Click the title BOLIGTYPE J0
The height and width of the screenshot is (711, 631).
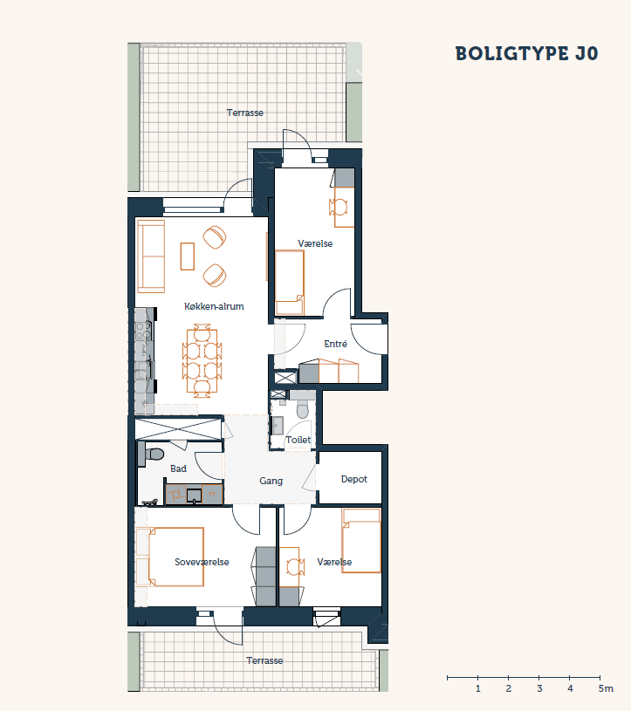(526, 53)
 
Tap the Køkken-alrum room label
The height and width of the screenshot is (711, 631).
(214, 306)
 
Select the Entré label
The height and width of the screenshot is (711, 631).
(336, 345)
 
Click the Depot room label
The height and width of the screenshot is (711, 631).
(353, 479)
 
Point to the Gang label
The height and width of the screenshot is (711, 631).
(271, 481)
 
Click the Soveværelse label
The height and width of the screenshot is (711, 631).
(202, 563)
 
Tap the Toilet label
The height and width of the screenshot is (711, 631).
(298, 440)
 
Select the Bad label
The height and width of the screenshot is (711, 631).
(178, 468)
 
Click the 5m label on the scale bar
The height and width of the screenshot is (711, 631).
(606, 689)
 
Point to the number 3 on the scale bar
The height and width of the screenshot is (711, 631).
(539, 689)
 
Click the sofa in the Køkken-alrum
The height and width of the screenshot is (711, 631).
(151, 256)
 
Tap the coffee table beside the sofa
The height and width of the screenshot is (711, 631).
(188, 256)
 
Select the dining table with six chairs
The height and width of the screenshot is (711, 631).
(202, 361)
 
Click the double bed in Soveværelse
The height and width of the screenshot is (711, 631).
(175, 557)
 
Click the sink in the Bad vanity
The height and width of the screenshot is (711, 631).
(194, 496)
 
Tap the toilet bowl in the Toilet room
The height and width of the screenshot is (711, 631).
(303, 409)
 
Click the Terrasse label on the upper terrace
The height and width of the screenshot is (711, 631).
(245, 113)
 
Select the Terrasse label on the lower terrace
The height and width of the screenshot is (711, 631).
(264, 660)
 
